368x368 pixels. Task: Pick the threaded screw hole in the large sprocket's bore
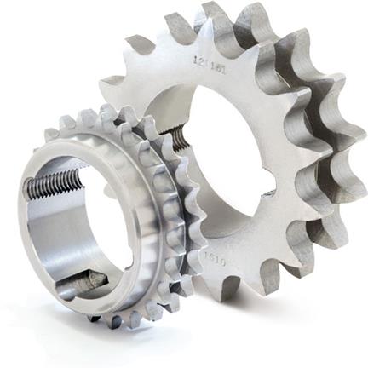(175, 136)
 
